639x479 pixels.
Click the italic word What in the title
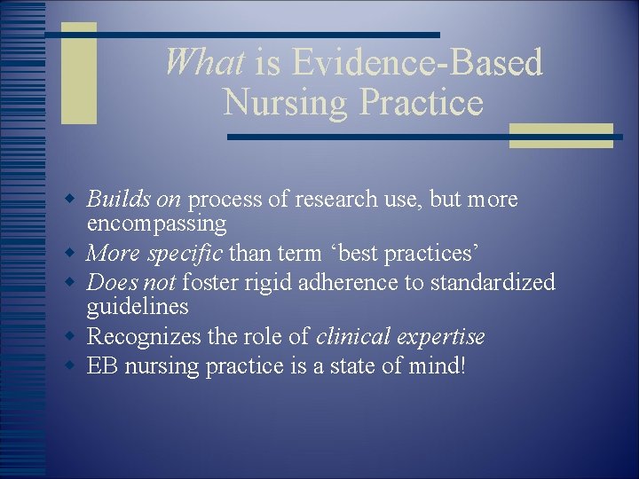(x=204, y=63)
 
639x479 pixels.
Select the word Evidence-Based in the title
(x=417, y=63)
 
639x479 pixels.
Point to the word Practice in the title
(x=422, y=103)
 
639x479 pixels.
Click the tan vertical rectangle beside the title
(x=78, y=74)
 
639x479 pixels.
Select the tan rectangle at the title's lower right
(x=561, y=135)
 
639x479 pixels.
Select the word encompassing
(x=157, y=224)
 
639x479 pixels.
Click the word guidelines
(x=138, y=307)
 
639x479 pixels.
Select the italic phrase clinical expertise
(x=400, y=337)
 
